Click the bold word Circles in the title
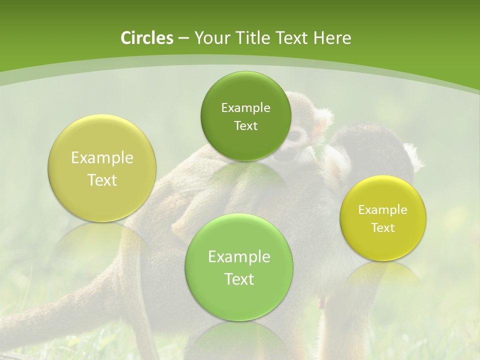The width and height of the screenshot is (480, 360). (x=146, y=38)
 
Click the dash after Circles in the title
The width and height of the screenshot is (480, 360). (x=183, y=38)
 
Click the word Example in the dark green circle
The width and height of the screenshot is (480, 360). (x=245, y=107)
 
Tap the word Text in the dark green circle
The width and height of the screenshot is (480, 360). (x=245, y=125)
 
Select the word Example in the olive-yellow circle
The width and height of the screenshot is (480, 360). (x=102, y=158)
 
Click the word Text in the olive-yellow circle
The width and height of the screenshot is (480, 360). (x=102, y=180)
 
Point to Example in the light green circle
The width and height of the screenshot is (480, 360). (x=239, y=257)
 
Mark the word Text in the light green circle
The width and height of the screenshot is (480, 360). (x=239, y=279)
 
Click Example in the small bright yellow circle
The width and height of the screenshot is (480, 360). (x=383, y=209)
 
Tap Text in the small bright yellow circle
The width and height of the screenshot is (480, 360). (x=383, y=227)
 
